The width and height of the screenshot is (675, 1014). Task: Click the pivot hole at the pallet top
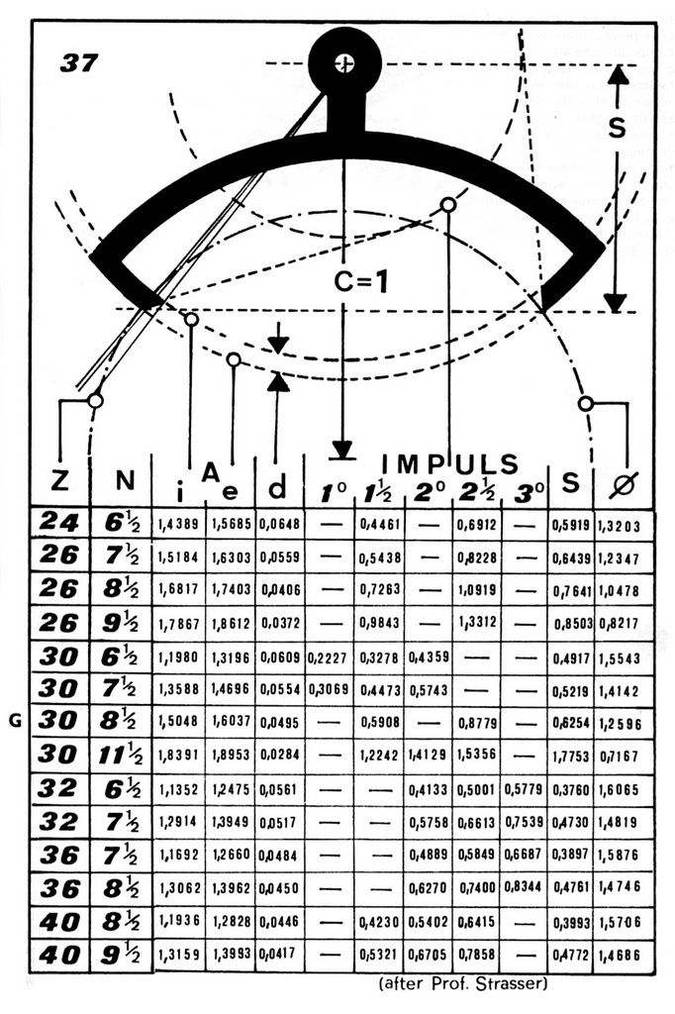[344, 63]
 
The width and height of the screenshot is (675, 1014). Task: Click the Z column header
[59, 482]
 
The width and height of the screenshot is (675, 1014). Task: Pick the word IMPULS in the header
[451, 463]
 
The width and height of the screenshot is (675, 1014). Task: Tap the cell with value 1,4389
[177, 522]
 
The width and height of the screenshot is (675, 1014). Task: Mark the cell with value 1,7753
[570, 756]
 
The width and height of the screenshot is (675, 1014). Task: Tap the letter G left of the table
[15, 721]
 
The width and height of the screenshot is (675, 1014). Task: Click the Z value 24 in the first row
[59, 522]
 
